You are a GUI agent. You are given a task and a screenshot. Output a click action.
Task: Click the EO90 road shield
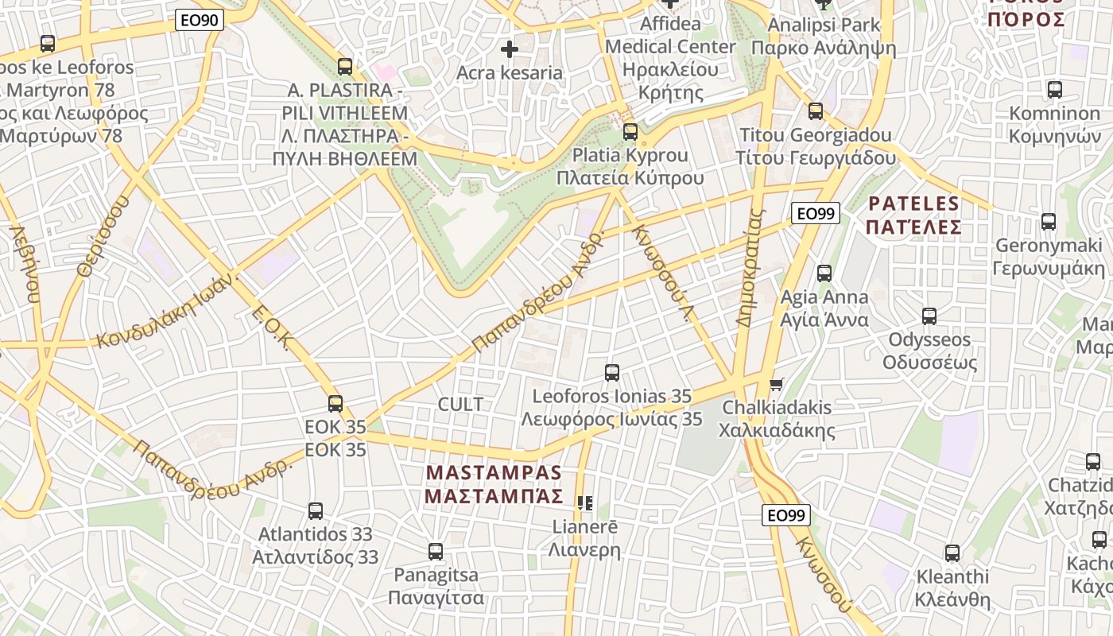tap(199, 21)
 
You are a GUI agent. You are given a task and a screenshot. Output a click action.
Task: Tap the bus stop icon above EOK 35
tap(335, 403)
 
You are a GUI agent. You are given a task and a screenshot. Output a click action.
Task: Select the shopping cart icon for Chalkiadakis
tap(777, 385)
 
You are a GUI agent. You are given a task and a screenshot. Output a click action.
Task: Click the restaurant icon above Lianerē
tap(585, 502)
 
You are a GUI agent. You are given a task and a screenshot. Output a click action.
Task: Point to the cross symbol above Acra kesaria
tap(510, 49)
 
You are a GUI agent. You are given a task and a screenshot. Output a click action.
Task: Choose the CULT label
tap(460, 404)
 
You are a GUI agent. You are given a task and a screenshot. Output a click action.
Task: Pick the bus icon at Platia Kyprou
tap(630, 131)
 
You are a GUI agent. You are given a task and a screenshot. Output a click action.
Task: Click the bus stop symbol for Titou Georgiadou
tap(816, 111)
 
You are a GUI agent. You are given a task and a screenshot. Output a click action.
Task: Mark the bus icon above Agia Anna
tap(824, 273)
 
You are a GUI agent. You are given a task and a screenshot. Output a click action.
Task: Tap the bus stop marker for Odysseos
tap(929, 316)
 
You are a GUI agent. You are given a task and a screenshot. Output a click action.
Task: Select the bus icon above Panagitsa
tap(436, 551)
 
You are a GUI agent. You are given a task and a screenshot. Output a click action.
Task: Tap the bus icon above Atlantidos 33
tap(316, 510)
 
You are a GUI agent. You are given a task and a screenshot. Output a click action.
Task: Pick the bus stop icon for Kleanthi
tap(952, 553)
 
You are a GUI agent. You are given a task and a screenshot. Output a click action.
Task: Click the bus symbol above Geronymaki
tap(1049, 221)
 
